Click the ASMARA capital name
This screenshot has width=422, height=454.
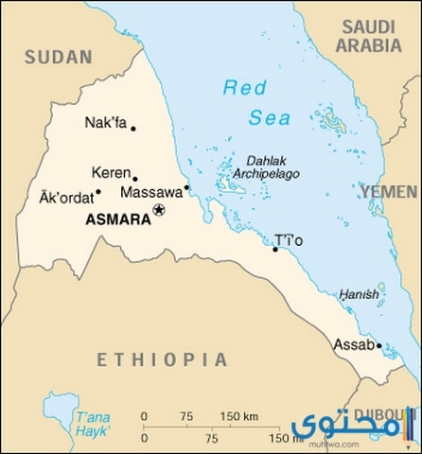[116, 218]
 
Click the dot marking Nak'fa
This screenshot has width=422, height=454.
[132, 129]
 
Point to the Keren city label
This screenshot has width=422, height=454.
[109, 173]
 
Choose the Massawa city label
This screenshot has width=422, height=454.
[150, 193]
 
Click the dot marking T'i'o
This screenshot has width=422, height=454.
[275, 249]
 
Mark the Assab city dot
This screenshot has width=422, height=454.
[378, 346]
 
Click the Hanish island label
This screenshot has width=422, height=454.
[360, 295]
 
